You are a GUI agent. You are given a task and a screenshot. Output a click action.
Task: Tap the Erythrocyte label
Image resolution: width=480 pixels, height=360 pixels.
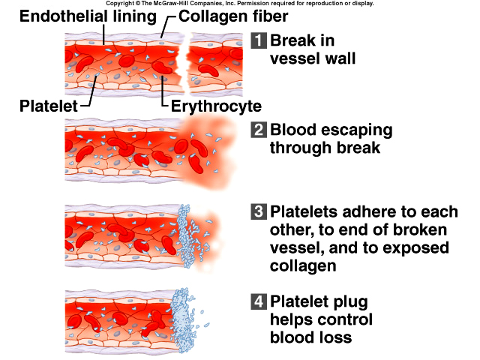[214, 107]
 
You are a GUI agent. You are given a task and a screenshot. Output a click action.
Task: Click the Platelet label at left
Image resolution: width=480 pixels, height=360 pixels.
[46, 107]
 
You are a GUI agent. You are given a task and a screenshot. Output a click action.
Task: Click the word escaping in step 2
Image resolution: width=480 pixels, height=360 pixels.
[353, 130]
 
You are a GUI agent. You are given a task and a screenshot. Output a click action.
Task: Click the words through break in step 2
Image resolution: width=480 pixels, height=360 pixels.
[325, 148]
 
